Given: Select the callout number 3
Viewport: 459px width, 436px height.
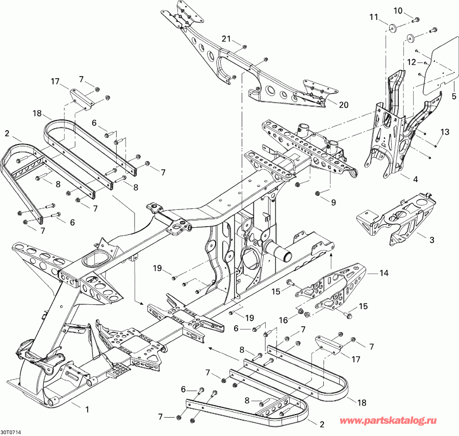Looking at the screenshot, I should [x=431, y=240].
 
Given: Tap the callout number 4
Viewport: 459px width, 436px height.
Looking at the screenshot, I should [x=415, y=179].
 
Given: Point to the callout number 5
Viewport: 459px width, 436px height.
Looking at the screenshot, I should [x=453, y=95].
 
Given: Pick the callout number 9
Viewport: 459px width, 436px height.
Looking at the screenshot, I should [x=333, y=203].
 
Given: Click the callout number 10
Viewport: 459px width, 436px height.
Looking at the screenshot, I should [x=398, y=11].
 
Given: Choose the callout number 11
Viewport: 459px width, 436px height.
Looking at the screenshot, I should [x=374, y=17].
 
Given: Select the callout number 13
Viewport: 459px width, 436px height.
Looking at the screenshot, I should [x=445, y=132].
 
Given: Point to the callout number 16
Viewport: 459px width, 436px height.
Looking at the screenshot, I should [x=284, y=320].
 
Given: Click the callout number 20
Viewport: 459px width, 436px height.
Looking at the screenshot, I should [x=343, y=105].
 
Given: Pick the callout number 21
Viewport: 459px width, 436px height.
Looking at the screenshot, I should [x=226, y=38].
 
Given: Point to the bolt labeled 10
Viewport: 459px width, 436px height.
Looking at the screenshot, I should [x=416, y=20].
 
